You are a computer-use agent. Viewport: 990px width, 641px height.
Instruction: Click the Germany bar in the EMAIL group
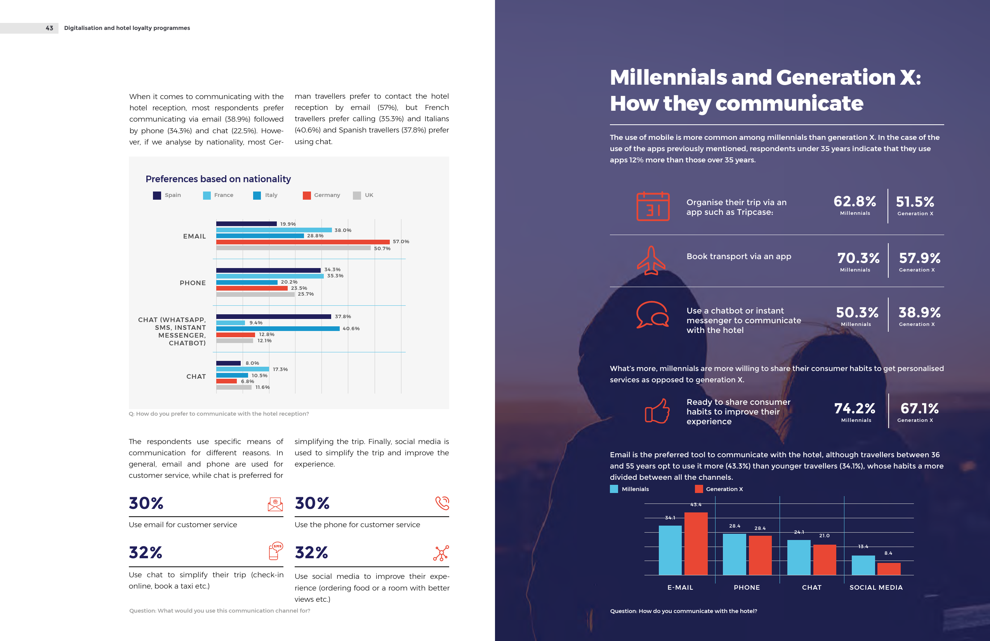(x=303, y=242)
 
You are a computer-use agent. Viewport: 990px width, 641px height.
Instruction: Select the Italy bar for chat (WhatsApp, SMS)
(x=278, y=328)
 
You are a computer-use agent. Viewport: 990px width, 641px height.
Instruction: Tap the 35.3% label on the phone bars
(x=335, y=276)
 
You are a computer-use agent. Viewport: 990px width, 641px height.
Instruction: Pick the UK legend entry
(x=363, y=195)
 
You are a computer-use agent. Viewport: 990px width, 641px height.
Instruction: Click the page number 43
(x=50, y=28)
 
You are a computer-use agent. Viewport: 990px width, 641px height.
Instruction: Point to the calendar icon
(x=653, y=206)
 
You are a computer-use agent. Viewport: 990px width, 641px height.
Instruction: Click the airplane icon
(x=651, y=261)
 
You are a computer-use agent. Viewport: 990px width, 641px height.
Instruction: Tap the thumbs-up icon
(x=657, y=411)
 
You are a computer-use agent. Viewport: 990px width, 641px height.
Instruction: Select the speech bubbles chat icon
(x=652, y=315)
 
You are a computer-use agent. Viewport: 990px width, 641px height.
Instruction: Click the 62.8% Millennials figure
(x=855, y=202)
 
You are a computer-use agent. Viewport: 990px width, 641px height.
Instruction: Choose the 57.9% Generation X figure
(x=919, y=258)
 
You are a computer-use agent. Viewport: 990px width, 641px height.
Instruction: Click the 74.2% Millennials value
(x=855, y=409)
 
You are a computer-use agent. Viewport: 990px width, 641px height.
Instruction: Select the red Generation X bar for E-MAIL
(x=695, y=543)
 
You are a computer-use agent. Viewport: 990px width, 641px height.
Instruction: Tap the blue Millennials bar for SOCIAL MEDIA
(x=863, y=565)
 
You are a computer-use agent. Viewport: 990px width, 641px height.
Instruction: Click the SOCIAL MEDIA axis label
(x=876, y=587)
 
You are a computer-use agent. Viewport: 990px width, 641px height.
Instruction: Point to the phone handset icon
(x=442, y=503)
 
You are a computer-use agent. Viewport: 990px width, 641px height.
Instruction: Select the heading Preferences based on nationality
(x=218, y=179)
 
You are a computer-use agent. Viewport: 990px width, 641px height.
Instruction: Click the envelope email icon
(x=275, y=504)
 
